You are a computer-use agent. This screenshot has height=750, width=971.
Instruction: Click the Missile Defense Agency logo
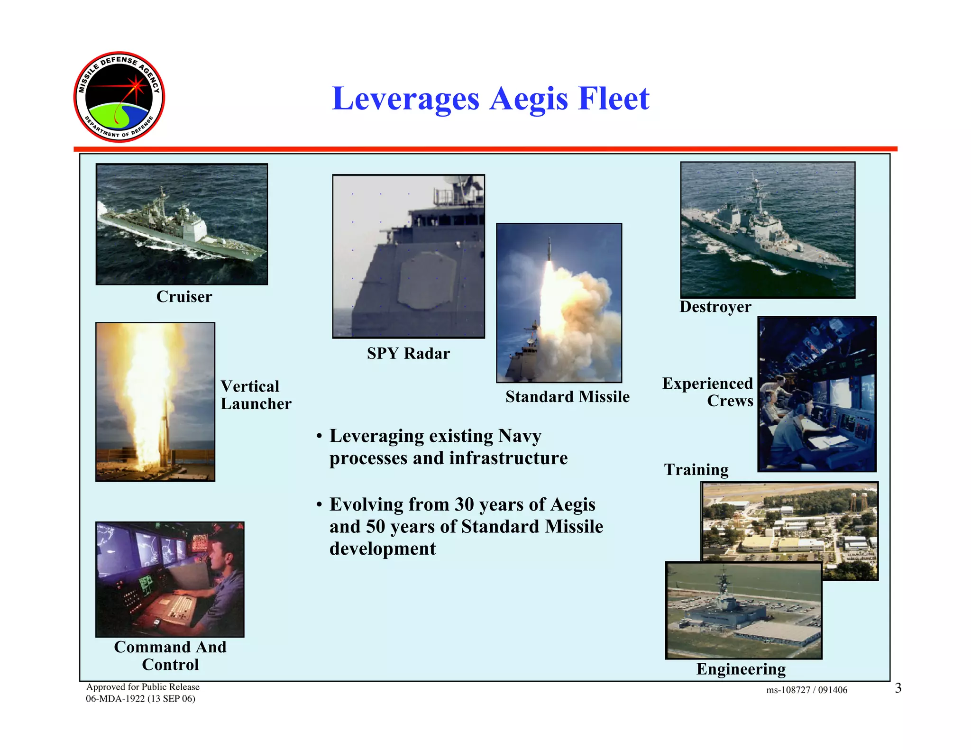[119, 97]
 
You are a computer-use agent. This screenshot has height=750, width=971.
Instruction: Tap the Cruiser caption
[184, 297]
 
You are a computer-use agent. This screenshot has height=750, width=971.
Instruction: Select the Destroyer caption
[715, 307]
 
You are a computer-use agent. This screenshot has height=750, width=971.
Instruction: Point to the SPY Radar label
[408, 354]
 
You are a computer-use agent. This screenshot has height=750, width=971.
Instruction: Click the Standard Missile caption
[567, 397]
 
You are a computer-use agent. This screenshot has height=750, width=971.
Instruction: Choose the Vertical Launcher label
[256, 395]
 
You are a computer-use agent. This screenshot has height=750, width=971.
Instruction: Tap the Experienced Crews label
[707, 392]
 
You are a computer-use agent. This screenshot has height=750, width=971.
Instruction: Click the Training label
[696, 469]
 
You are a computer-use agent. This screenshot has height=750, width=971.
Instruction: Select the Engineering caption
[741, 669]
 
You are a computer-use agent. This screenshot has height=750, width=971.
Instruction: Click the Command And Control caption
[170, 656]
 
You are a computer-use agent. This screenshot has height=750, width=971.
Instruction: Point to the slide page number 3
[898, 688]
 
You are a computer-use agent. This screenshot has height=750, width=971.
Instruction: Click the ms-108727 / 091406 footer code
[806, 690]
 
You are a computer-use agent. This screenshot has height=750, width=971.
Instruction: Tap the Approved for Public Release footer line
[143, 687]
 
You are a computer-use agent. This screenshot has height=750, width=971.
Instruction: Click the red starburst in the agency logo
[137, 86]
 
